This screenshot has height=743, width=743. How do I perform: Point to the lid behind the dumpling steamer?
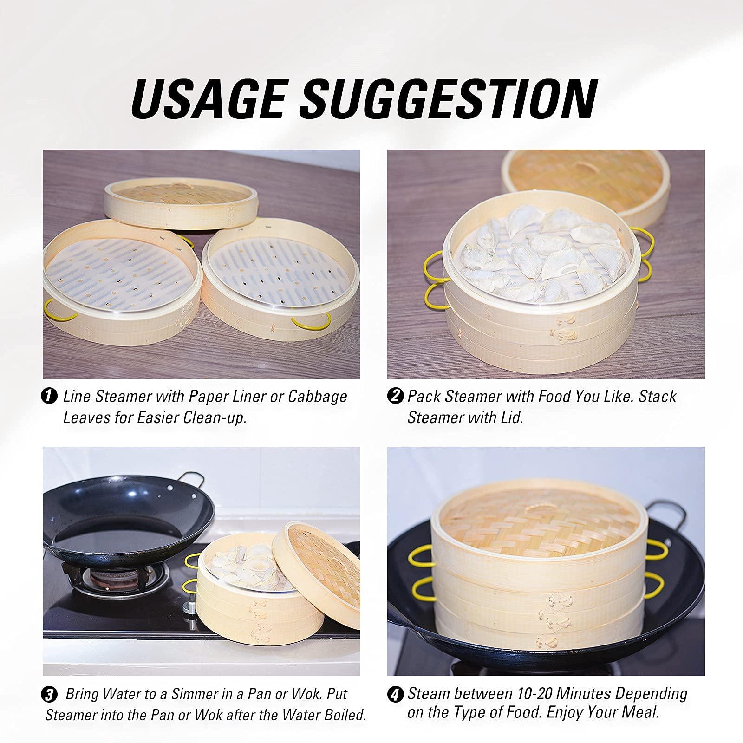point(604,181)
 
